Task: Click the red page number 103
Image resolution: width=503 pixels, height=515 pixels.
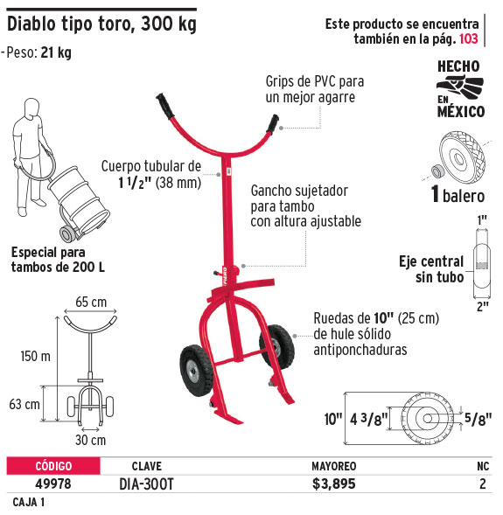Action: point(468,38)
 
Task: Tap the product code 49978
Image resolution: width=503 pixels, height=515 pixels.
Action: point(52,484)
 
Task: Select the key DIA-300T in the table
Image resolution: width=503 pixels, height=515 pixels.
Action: point(146,484)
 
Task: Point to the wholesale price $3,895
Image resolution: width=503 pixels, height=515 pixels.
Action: point(334,484)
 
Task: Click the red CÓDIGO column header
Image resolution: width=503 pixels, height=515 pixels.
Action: point(53,466)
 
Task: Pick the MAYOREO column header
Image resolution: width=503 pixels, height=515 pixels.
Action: point(334,466)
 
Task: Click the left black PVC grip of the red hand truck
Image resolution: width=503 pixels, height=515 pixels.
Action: point(165,107)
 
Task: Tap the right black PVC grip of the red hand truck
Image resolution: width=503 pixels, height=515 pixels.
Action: point(272,124)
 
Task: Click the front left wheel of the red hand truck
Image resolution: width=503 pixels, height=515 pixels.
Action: point(197,371)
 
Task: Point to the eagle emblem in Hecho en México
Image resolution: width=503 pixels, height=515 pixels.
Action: point(459,86)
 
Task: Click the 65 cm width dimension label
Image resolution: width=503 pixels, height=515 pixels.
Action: point(91,302)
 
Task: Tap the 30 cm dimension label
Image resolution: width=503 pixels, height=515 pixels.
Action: point(91,440)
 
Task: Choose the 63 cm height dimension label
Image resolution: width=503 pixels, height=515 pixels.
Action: point(24,404)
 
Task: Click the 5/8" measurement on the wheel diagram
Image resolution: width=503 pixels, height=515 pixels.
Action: point(478,418)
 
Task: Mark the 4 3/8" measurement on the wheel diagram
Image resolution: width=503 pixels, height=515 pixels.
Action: point(369,420)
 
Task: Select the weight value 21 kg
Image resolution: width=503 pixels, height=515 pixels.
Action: point(56,52)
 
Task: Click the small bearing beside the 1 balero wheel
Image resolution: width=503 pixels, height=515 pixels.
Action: point(437,171)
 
